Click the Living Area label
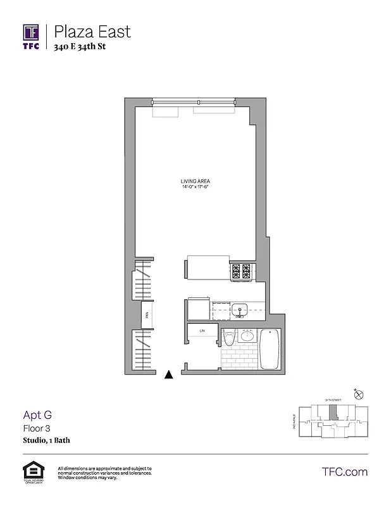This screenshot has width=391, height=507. pos(194,182)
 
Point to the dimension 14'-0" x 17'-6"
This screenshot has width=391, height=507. pos(194,188)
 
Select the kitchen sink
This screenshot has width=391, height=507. pos(240,310)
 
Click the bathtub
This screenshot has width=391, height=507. pos(270,350)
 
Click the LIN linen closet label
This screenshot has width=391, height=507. pos(202,331)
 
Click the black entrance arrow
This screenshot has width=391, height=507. pos(168,375)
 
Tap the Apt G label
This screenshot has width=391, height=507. pos(37,415)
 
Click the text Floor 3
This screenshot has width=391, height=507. pos(35,428)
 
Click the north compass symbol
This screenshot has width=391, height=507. pos(360,394)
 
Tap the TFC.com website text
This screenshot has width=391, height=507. pos(345,472)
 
